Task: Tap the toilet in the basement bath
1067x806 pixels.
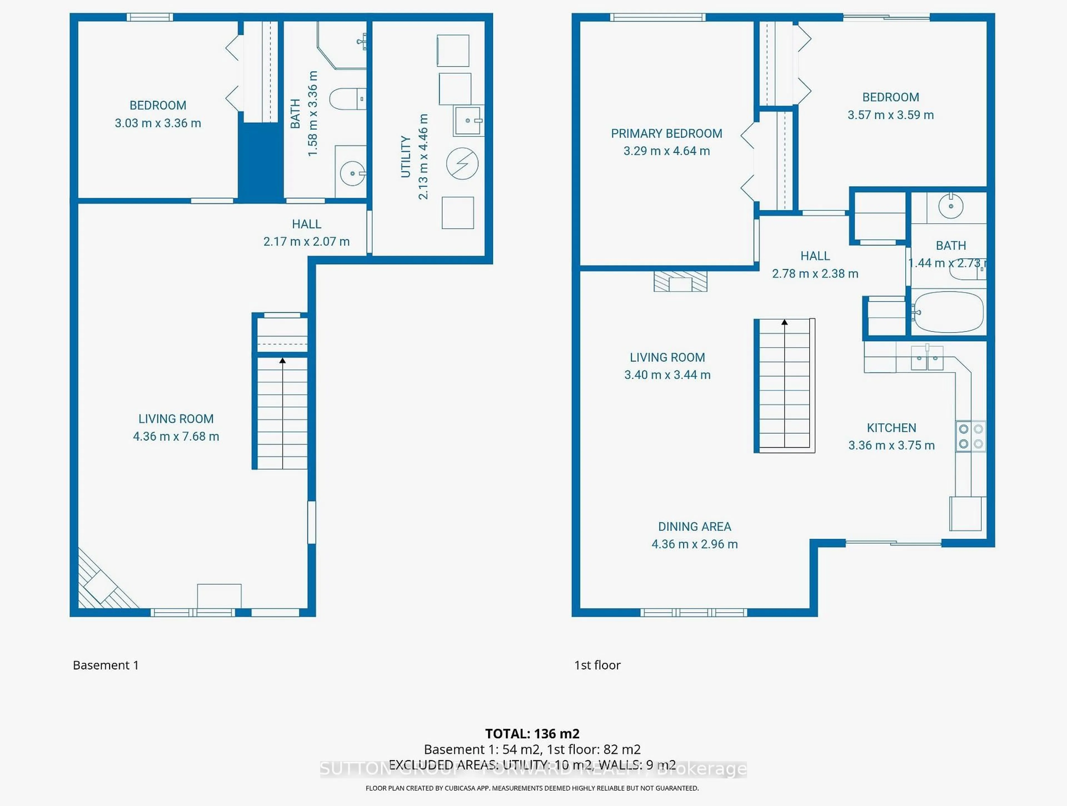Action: [x=346, y=99]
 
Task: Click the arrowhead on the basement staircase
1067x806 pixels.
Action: [x=283, y=360]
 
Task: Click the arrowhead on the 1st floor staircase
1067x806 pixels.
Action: [x=785, y=322]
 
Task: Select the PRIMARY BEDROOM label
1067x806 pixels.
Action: [x=667, y=134]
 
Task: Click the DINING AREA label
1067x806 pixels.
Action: [x=695, y=526]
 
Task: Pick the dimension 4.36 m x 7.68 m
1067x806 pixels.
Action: [x=176, y=436]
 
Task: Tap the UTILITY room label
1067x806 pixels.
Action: [x=406, y=157]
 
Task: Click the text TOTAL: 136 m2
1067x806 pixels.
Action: [x=532, y=734]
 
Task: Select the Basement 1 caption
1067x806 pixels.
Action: [x=106, y=665]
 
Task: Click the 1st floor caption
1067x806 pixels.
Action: [x=597, y=665]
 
